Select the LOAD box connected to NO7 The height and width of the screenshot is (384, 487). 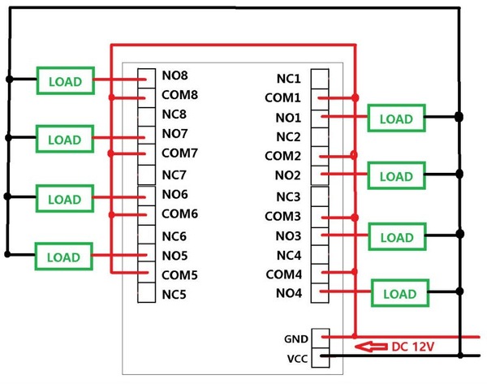coord(65,139)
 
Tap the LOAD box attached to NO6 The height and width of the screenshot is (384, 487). coord(65,198)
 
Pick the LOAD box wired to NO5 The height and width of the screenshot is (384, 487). coord(65,257)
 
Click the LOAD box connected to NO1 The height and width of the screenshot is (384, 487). coord(396,118)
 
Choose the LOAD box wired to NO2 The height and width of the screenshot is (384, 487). coord(396,175)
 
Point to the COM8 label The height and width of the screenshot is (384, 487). coord(180,95)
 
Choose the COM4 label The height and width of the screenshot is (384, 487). coord(283,274)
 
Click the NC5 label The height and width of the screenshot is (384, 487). coord(174,294)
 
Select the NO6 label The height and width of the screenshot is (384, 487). coord(175,195)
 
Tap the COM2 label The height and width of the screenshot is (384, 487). coord(283,157)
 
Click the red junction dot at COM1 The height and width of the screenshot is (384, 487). coord(355,98)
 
